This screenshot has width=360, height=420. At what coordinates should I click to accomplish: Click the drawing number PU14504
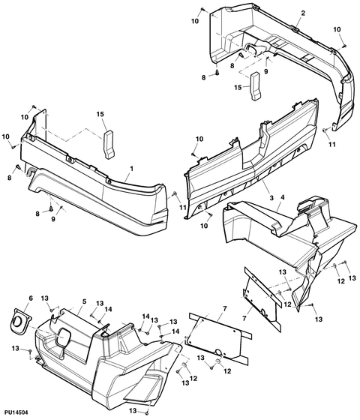pyautogui.click(x=16, y=412)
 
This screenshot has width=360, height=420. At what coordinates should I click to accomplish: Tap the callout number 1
pyautogui.click(x=131, y=169)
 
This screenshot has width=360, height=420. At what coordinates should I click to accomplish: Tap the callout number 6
pyautogui.click(x=31, y=298)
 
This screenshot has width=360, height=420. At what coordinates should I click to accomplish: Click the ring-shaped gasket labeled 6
pyautogui.click(x=19, y=322)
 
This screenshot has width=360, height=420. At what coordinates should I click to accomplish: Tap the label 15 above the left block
pyautogui.click(x=100, y=114)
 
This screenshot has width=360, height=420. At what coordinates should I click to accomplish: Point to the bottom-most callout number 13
pyautogui.click(x=133, y=411)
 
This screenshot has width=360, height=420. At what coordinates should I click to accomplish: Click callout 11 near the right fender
pyautogui.click(x=332, y=144)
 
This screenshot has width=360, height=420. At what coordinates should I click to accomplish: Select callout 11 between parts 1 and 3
pyautogui.click(x=183, y=207)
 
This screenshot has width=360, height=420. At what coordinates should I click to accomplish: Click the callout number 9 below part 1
pyautogui.click(x=53, y=219)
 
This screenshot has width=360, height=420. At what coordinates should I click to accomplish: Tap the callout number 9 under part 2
pyautogui.click(x=266, y=71)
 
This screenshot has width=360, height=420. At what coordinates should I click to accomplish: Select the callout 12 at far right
pyautogui.click(x=340, y=281)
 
